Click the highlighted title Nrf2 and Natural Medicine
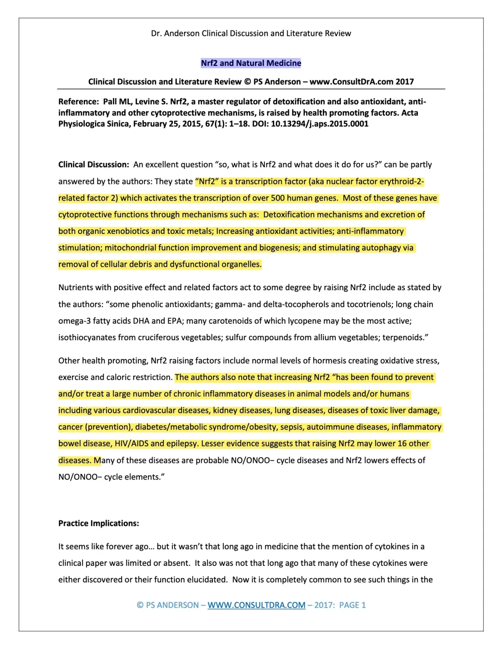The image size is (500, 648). tap(251, 63)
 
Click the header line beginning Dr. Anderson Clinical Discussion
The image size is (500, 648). tap(251, 33)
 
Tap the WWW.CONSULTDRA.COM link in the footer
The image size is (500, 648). tap(256, 605)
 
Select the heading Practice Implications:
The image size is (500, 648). tap(99, 523)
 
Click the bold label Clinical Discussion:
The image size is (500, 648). tap(94, 165)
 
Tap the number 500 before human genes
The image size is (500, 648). tap(277, 198)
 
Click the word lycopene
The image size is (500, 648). tap(310, 321)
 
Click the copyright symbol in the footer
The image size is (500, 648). tap(140, 605)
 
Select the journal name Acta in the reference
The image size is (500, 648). tap(410, 113)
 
